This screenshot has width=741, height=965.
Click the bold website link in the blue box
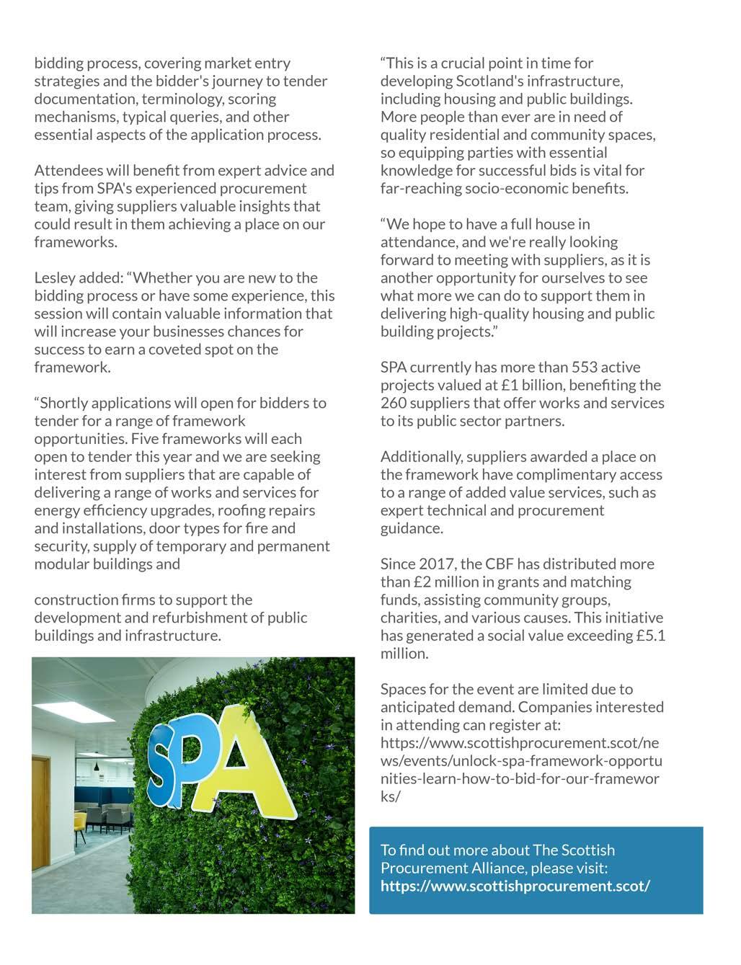515,886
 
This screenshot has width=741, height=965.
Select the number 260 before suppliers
394,404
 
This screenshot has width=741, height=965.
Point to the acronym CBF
500,564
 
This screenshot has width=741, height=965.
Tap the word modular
61,564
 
